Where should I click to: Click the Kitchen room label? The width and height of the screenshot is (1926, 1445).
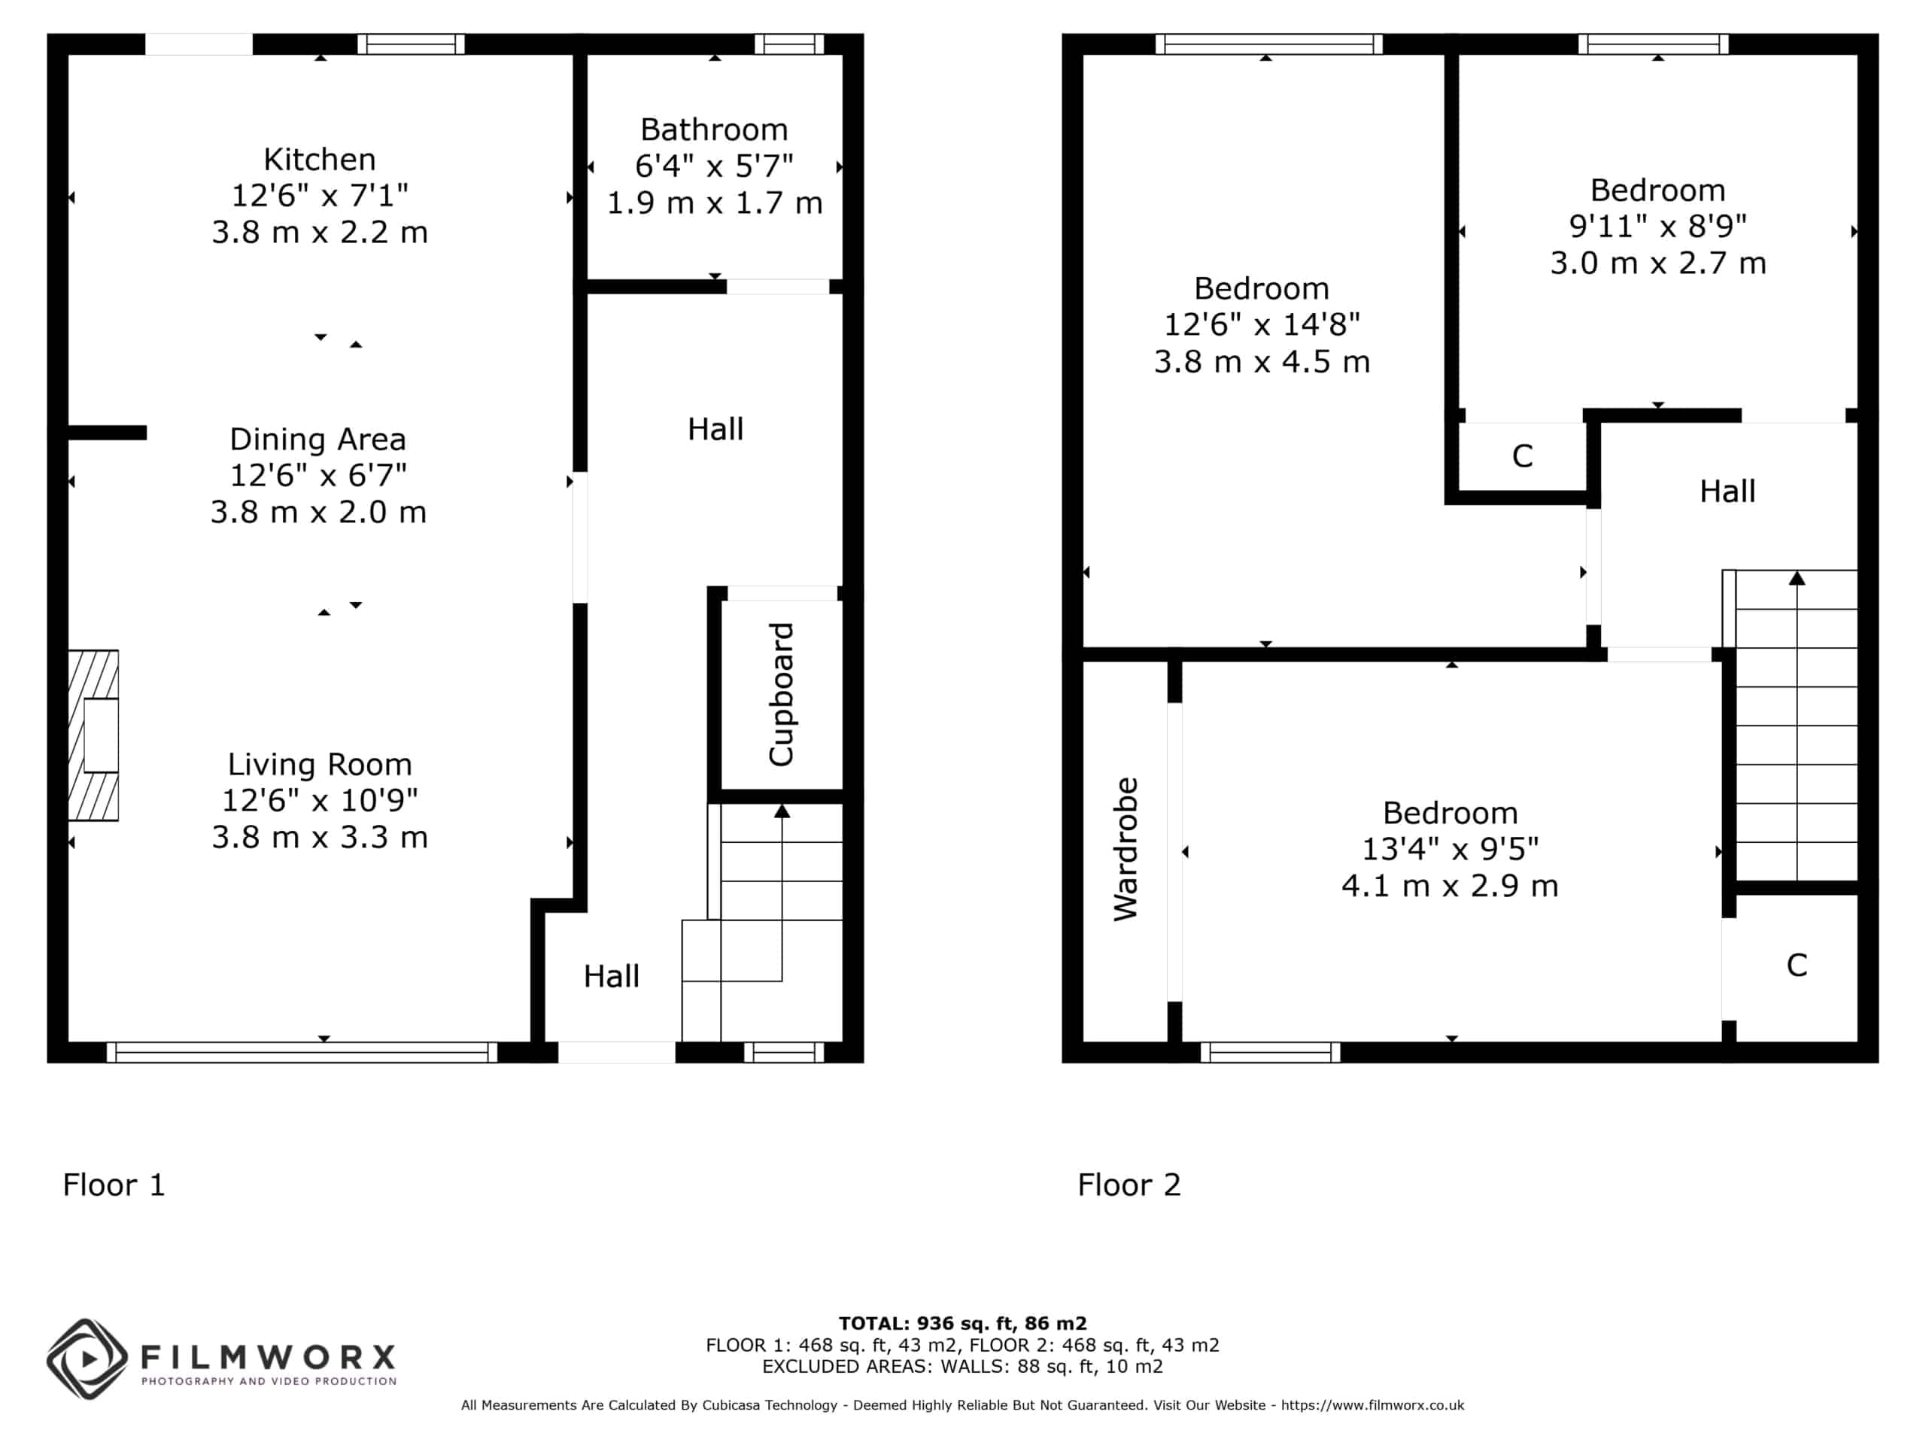tap(320, 160)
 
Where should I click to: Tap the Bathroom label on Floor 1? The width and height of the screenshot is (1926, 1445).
tap(714, 129)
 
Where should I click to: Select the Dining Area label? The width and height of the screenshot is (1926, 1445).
tap(317, 439)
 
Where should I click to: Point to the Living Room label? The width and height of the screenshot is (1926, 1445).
tap(320, 764)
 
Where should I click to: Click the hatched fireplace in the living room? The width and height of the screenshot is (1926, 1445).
tap(93, 735)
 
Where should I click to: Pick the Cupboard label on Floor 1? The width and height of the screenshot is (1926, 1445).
tap(781, 694)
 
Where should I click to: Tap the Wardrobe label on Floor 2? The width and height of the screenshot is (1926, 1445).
tap(1125, 849)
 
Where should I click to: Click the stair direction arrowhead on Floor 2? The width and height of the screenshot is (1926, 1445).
tap(1797, 577)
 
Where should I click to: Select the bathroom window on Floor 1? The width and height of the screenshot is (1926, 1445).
tap(789, 44)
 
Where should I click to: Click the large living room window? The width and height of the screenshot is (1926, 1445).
tap(302, 1052)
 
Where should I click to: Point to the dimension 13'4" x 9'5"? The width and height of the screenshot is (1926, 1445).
tap(1450, 848)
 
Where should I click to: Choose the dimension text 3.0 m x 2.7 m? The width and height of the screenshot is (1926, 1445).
tap(1658, 263)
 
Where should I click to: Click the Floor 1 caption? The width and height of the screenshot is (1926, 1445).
tap(114, 1185)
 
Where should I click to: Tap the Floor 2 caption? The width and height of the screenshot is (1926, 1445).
tap(1129, 1185)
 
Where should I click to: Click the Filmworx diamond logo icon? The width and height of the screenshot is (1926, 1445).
tap(87, 1360)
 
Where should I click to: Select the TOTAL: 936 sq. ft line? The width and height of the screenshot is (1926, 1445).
tap(963, 1324)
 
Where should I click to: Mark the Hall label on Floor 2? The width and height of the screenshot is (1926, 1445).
tap(1727, 491)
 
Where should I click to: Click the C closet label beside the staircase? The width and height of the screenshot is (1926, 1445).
tap(1797, 965)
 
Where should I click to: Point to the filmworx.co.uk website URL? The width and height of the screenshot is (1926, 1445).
tap(1372, 1405)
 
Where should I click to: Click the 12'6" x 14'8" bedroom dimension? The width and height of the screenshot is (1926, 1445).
tap(1262, 324)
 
